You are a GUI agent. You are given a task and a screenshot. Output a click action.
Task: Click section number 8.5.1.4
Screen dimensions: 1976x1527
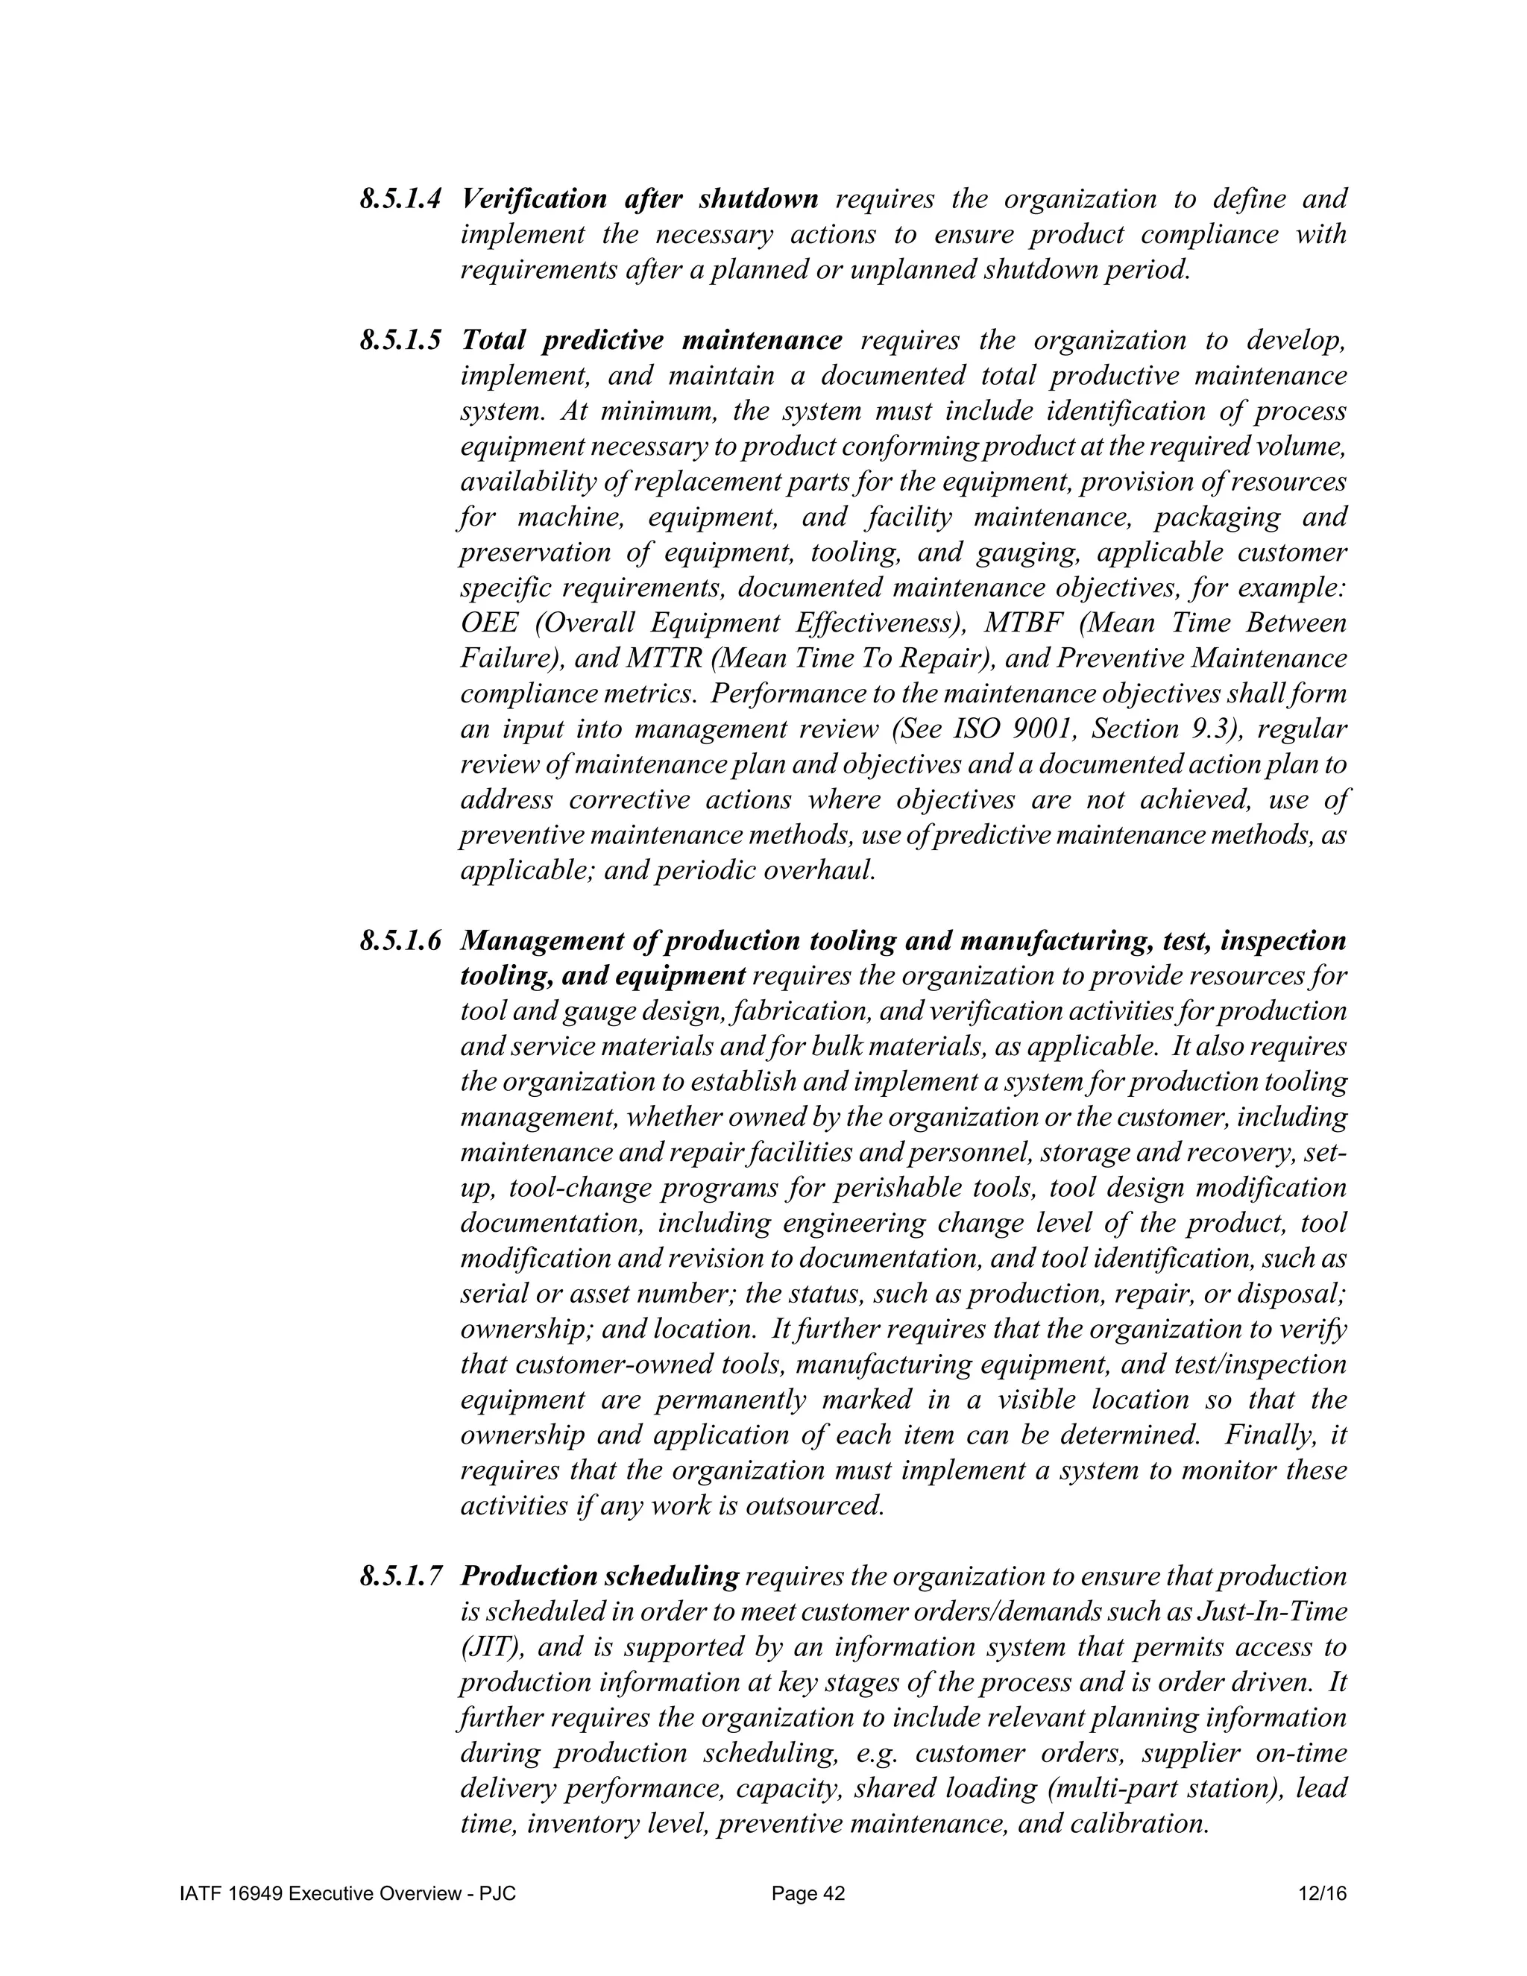click(x=400, y=199)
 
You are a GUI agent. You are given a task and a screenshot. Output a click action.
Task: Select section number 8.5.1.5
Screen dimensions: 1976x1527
click(x=400, y=341)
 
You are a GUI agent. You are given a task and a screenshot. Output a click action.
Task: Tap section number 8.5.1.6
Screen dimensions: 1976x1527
click(x=400, y=941)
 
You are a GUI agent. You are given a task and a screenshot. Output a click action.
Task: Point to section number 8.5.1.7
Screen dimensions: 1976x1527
click(x=400, y=1577)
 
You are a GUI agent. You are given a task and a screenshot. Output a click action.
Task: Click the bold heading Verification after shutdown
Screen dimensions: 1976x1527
click(x=640, y=199)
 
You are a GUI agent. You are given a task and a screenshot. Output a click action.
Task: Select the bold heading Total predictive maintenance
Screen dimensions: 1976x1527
click(x=652, y=341)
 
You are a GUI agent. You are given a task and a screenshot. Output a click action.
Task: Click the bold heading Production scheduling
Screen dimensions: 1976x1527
click(x=599, y=1577)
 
